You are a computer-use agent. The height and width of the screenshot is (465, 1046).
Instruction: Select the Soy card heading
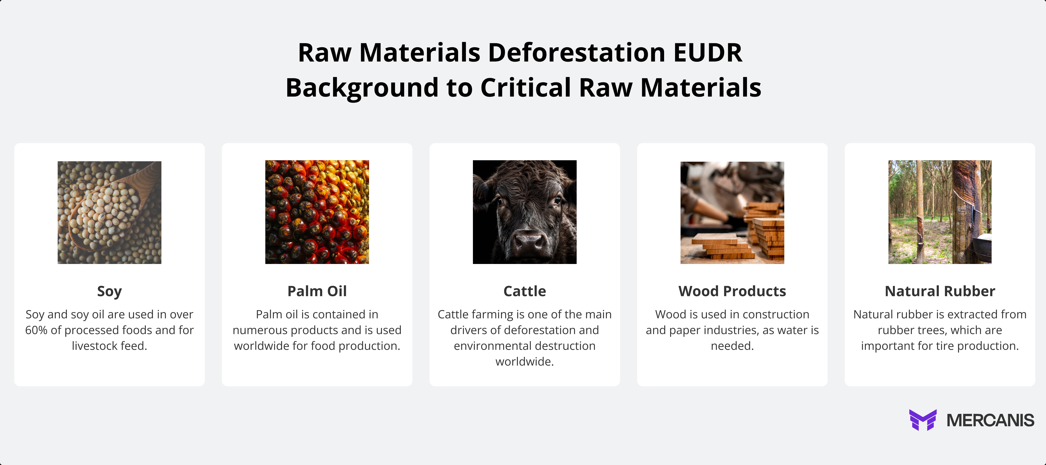(x=109, y=291)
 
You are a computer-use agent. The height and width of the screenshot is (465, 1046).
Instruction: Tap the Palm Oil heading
(x=317, y=291)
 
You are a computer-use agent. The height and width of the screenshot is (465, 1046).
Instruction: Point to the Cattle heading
(x=525, y=291)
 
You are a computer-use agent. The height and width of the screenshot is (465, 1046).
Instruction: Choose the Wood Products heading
(x=732, y=291)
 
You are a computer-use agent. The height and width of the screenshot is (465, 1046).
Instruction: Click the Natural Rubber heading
(x=940, y=291)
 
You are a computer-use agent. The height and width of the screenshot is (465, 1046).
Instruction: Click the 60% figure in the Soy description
(x=36, y=330)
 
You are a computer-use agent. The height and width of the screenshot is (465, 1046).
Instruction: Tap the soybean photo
(x=109, y=212)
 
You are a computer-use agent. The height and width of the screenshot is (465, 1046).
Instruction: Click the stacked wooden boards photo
(x=732, y=212)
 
